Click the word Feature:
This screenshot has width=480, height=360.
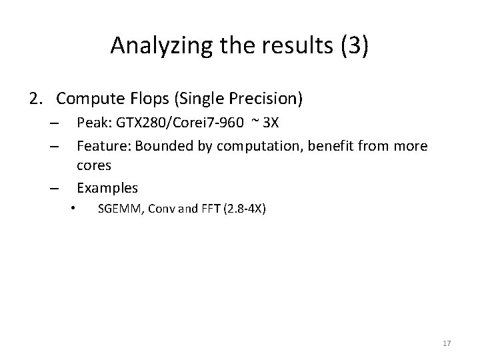click(101, 145)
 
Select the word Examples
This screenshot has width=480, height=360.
click(107, 187)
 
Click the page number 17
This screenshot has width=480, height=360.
click(447, 343)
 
